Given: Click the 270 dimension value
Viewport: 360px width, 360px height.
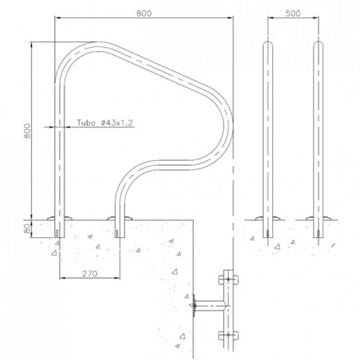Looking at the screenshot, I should [x=89, y=272].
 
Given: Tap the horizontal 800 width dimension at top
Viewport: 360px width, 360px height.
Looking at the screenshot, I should [x=144, y=14].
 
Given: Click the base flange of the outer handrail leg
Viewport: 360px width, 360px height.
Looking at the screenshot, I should [x=58, y=218].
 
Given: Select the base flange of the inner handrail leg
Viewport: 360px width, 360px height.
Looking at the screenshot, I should [x=118, y=218].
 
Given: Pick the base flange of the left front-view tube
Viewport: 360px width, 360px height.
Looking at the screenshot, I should [x=266, y=218].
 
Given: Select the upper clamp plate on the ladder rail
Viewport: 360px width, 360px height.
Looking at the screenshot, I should [x=230, y=279].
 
